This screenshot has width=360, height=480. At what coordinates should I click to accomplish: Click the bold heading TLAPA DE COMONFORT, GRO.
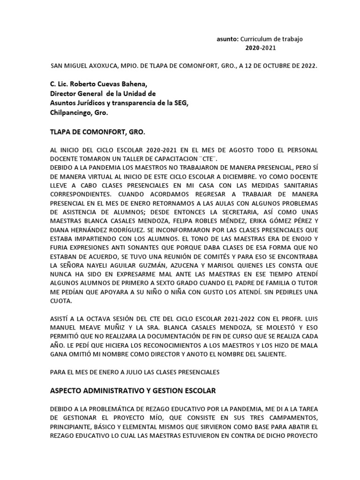coord(97,133)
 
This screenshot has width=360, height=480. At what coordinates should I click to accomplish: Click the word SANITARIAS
coord(300,186)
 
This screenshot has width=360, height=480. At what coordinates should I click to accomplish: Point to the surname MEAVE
coord(91,328)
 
